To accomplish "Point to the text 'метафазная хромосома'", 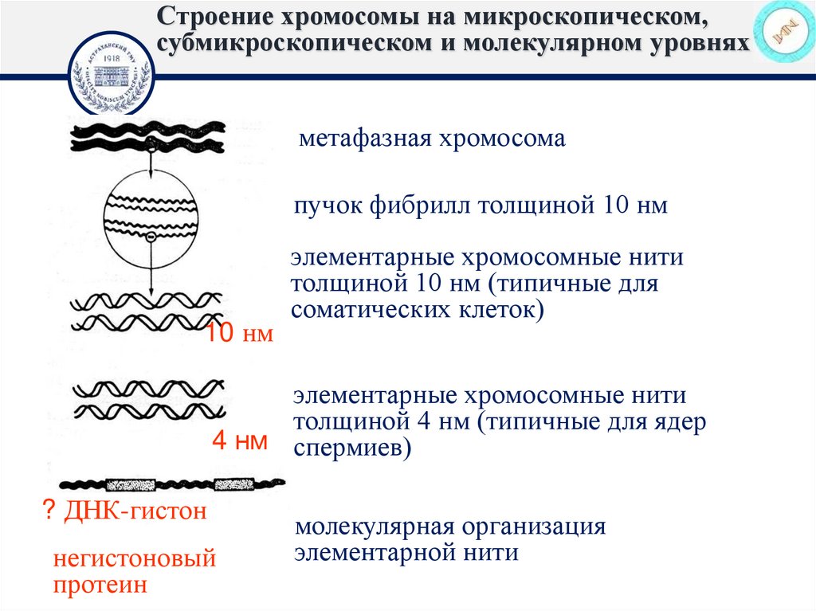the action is pos(432,139).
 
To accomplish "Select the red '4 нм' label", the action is pos(239,442).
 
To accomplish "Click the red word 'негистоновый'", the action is pos(135,558).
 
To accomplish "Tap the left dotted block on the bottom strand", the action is pos(131,483).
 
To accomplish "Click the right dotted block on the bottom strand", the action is pos(233,483).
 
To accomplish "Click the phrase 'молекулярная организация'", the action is pos(451,527).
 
